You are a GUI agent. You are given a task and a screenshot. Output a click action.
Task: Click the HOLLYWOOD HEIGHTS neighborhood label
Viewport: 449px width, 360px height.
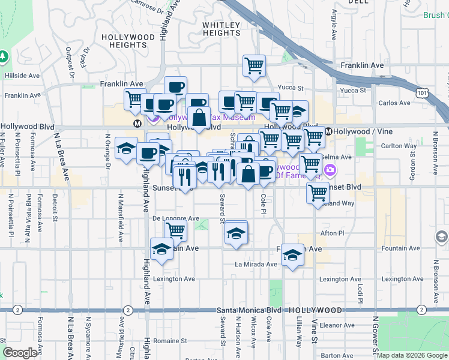(x=128, y=41)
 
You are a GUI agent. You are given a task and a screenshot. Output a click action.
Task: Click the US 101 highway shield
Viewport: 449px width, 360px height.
(x=424, y=92)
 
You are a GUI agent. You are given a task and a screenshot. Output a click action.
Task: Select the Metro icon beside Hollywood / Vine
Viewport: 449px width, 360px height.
(x=328, y=131)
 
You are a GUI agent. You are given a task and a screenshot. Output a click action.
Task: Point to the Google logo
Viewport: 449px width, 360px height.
(x=20, y=352)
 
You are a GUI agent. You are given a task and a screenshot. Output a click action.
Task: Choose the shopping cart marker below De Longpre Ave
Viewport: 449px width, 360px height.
(x=175, y=230)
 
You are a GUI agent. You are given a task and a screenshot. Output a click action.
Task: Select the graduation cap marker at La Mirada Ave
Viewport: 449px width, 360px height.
(x=292, y=256)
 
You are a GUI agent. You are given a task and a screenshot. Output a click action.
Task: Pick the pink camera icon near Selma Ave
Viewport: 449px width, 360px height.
(x=330, y=171)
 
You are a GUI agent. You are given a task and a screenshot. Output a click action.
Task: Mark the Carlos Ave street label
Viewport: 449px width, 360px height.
(x=394, y=103)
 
